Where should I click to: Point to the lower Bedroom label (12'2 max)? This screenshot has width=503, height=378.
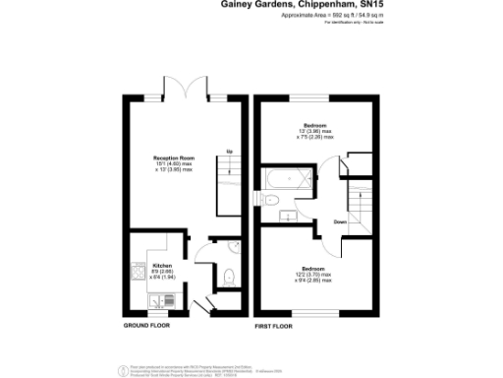314,269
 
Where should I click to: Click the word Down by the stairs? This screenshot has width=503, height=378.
339,221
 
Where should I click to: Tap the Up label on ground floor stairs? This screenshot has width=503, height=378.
228,151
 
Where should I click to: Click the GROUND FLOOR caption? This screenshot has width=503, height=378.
147,324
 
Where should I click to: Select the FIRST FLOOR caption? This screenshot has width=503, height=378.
275,324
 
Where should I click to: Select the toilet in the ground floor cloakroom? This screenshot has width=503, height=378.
227,275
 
